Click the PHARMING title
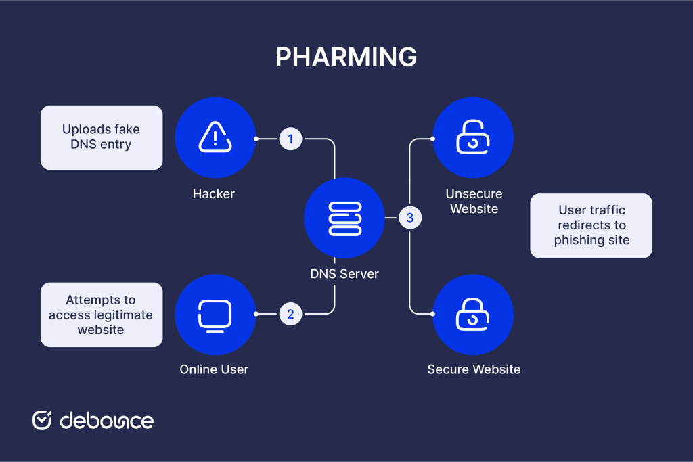346,57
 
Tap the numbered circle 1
290,139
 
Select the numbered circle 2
290,314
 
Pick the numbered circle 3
409,218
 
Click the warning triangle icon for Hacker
215,137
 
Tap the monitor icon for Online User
215,314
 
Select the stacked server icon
344,218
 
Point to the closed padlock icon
472,313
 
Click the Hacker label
214,194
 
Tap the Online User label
214,369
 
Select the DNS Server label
344,274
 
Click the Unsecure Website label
474,202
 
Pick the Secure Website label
474,369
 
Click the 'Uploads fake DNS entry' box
102,137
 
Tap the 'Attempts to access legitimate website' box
102,315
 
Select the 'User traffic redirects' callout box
591,225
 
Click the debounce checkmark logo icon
43,419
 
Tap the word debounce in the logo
106,420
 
